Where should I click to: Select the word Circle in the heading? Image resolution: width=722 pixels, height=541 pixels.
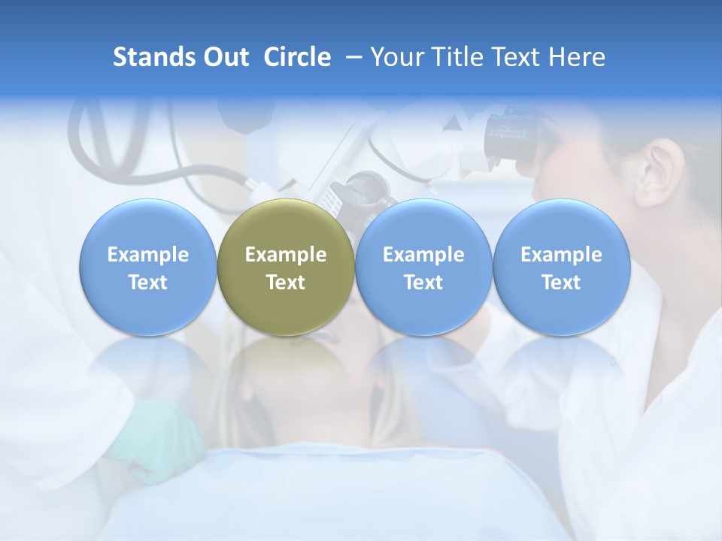297,57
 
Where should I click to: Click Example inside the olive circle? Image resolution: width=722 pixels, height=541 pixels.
286,255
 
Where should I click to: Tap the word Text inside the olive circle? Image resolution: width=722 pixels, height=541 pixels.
286,283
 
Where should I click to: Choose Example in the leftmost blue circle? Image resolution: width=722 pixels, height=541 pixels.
148,255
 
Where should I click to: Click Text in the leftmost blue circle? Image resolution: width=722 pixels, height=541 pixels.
148,283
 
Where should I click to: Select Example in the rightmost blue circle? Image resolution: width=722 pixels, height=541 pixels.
562,255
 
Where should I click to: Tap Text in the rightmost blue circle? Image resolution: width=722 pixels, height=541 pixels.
562,283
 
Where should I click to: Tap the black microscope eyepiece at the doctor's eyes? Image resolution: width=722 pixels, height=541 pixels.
511,135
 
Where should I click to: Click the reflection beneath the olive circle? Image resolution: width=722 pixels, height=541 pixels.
286,368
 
